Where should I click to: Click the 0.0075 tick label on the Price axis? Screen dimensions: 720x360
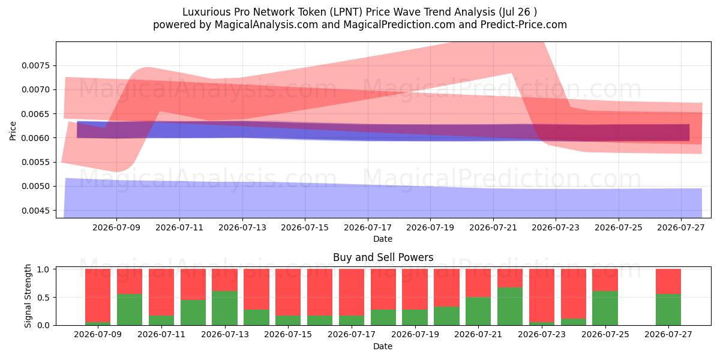pos(35,65)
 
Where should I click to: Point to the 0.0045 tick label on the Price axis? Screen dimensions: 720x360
pos(35,211)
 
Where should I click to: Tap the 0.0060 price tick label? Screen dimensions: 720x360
pos(35,138)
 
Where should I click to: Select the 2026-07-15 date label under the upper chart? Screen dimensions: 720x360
pos(305,227)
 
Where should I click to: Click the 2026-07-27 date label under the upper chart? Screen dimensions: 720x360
pos(681,227)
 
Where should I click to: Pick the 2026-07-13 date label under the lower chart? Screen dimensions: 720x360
pos(225,334)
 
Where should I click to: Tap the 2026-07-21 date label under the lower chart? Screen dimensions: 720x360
pos(478,334)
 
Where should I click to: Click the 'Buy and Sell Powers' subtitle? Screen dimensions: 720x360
pos(383,257)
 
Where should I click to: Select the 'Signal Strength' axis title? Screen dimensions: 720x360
pos(28,296)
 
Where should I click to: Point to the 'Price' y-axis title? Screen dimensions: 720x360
pos(13,131)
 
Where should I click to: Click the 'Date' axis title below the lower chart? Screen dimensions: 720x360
pos(383,346)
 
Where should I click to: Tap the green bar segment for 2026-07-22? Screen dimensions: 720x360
pos(510,307)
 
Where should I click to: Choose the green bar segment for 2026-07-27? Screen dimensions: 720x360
pos(668,310)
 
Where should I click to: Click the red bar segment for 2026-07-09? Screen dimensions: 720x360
pos(98,295)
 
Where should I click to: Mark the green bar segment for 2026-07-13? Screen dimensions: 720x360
pos(224,308)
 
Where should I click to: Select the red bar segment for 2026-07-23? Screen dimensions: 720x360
pos(542,295)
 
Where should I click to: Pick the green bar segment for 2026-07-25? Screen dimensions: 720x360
pos(605,308)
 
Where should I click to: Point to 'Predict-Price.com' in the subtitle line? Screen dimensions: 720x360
pos(524,25)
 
